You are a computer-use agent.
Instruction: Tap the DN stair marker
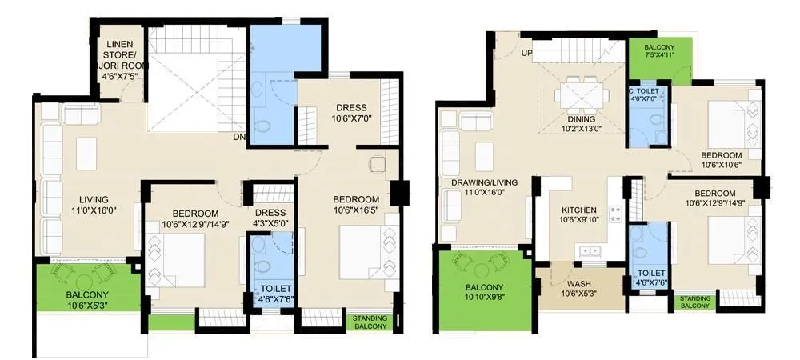238,137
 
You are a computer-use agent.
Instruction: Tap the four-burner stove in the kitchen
617,214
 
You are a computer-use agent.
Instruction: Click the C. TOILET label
645,95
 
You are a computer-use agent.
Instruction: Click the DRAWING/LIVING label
485,187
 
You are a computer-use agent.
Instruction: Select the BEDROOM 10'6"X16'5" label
356,204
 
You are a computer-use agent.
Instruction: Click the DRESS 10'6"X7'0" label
351,113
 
